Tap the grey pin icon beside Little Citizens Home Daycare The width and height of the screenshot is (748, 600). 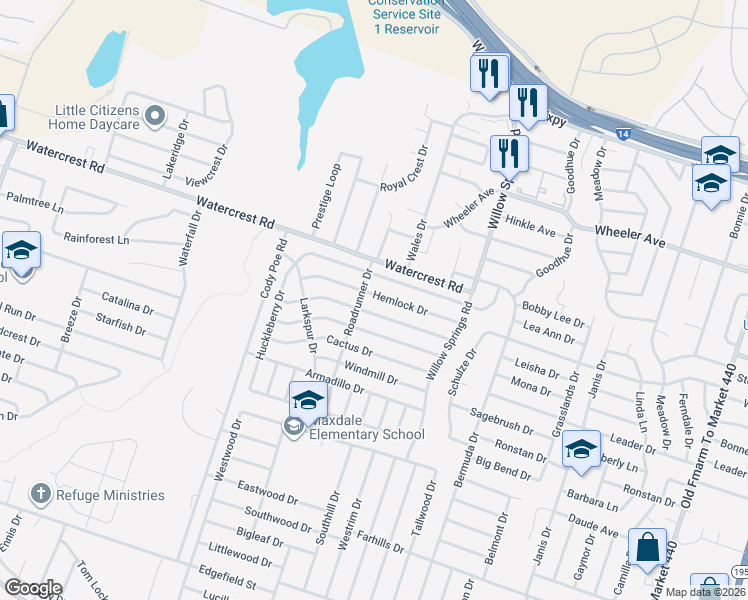(154, 117)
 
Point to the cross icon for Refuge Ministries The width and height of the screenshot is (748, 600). (40, 493)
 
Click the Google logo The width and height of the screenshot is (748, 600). (33, 588)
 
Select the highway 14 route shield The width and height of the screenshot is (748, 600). (624, 133)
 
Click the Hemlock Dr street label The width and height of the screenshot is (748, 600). (399, 299)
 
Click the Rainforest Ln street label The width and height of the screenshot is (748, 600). (96, 240)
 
